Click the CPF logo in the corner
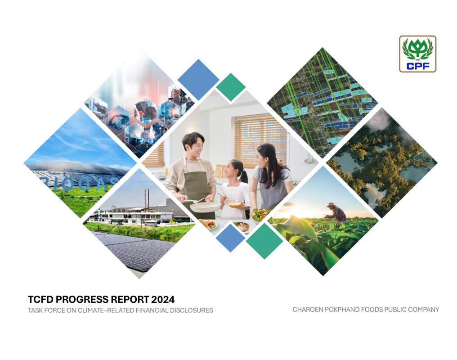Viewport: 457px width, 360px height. (417, 54)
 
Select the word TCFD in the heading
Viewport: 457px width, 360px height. (40, 299)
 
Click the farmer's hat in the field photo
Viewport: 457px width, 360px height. (332, 205)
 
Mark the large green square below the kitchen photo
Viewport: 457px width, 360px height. (264, 241)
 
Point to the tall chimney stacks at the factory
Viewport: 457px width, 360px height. (147, 198)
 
